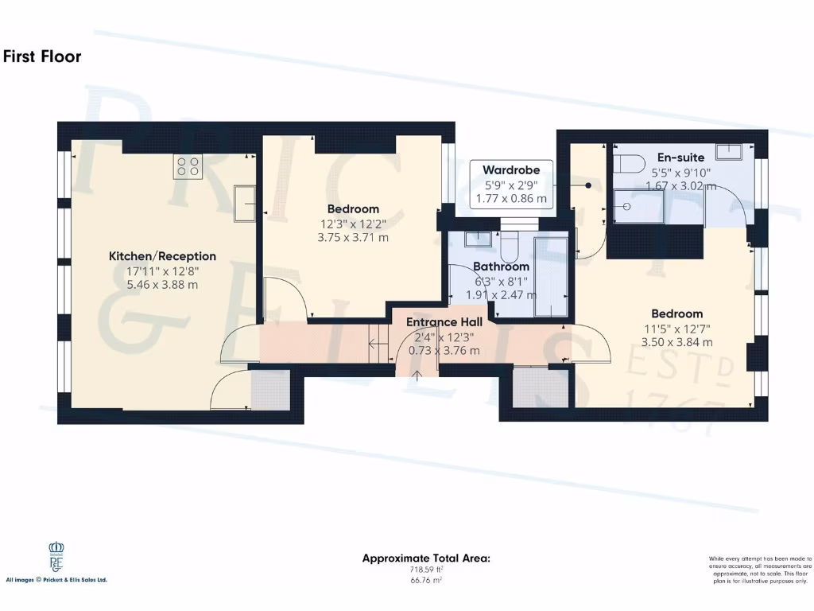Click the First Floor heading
coord(42,56)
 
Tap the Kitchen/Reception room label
coord(162,256)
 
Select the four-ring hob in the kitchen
coord(188,165)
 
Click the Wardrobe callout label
coord(510,169)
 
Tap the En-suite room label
coord(680,158)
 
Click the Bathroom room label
coord(501,267)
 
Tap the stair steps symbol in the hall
coord(379,343)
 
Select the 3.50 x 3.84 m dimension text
coord(676,342)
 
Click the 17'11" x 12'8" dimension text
coord(162,270)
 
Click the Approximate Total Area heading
coord(426,558)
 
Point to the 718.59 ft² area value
coord(426,570)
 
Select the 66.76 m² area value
coord(426,580)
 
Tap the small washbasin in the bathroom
coord(479,237)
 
